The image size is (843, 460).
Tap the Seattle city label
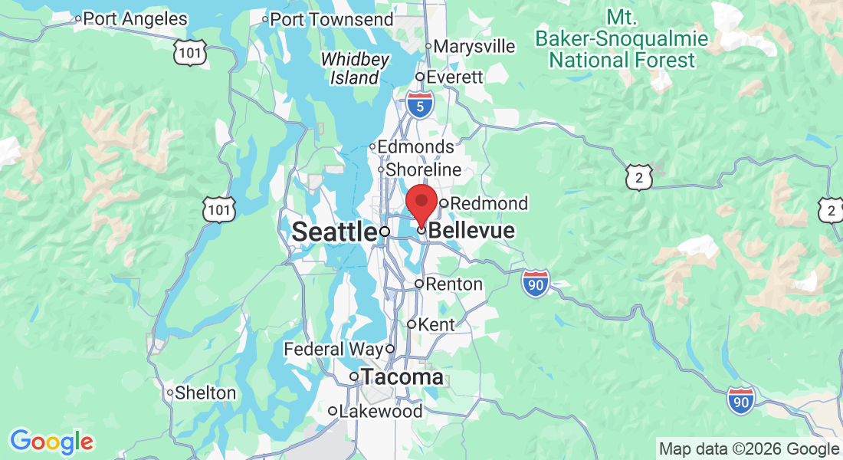click(334, 231)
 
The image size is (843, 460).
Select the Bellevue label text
click(471, 231)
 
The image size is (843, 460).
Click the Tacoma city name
click(402, 376)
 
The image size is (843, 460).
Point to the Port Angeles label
click(134, 18)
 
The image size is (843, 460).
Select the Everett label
click(454, 77)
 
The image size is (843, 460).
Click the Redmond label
click(489, 203)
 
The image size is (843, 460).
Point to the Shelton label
click(205, 393)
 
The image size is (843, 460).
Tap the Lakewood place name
click(380, 411)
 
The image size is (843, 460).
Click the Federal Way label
click(333, 350)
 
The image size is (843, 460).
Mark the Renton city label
click(454, 284)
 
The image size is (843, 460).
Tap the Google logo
click(51, 442)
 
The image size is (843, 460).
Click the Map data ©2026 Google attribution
click(749, 449)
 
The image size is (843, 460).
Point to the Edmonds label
click(417, 146)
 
